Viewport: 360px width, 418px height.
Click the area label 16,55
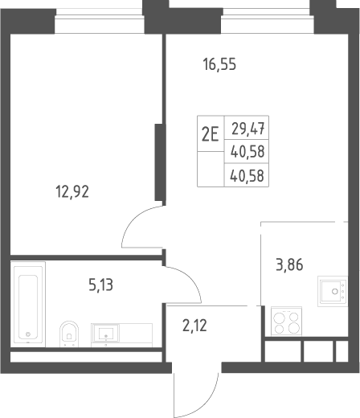pos(219,65)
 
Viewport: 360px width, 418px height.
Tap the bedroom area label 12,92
pos(72,192)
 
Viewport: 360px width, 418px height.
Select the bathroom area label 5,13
pos(100,285)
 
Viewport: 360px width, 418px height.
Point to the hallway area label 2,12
pos(194,326)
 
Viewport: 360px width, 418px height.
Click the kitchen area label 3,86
pos(289,264)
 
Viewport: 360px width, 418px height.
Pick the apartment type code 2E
pos(211,134)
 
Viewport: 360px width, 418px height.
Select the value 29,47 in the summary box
pos(248,129)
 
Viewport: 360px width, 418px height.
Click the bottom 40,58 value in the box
pos(247,176)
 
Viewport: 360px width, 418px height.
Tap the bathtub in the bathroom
pos(28,305)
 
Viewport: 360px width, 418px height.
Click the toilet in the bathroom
pos(69,334)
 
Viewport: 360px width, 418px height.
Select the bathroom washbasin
pos(105,333)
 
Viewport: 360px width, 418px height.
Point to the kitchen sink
pos(333,291)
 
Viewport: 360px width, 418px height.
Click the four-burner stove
pos(286,322)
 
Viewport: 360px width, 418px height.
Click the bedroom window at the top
pos(99,21)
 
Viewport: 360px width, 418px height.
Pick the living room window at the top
pos(268,21)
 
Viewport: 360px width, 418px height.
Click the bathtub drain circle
pos(28,334)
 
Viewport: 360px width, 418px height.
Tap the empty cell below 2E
pos(211,169)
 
